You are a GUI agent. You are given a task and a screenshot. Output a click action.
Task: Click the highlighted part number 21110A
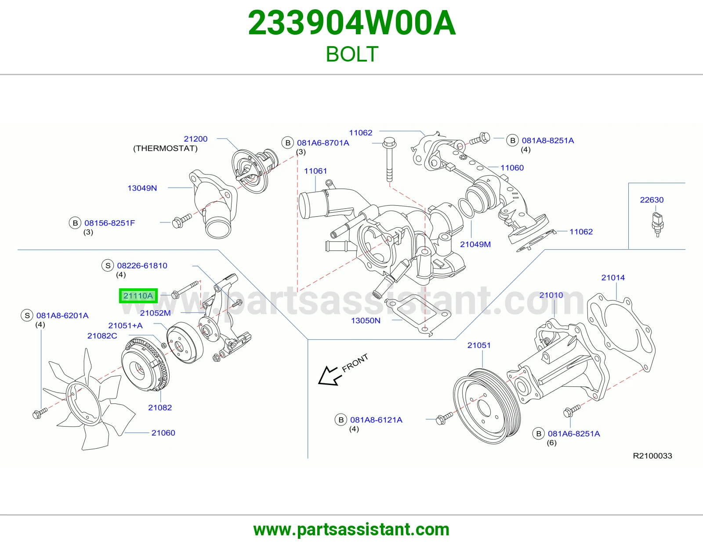[138, 296]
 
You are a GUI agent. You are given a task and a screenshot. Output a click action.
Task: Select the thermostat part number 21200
[196, 139]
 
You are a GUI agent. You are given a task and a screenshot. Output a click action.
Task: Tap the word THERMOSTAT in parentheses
[165, 149]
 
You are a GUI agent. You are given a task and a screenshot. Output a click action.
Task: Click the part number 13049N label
[142, 188]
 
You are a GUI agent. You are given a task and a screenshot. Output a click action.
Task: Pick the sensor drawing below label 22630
[657, 224]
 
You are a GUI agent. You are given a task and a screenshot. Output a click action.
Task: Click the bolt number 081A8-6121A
[376, 420]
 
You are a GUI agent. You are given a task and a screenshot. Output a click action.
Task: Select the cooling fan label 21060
[163, 432]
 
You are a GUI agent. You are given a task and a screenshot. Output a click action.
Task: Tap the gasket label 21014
[613, 277]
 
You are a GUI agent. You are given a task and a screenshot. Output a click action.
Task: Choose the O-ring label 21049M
[475, 244]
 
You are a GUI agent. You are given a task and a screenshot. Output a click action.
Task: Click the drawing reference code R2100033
[652, 456]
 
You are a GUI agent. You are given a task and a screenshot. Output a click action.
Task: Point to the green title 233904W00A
[351, 23]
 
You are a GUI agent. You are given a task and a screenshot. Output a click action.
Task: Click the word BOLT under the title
[351, 54]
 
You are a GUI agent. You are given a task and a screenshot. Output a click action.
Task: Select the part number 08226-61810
[142, 266]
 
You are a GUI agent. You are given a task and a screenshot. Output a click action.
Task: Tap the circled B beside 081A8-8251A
[512, 141]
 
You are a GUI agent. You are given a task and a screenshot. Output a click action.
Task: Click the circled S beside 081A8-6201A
[27, 316]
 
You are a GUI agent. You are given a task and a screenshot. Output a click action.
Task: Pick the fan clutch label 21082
[160, 407]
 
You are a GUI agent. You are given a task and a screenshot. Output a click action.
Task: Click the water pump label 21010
[551, 295]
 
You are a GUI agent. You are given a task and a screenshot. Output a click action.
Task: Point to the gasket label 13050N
[366, 320]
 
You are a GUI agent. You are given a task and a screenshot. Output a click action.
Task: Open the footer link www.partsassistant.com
[351, 530]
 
